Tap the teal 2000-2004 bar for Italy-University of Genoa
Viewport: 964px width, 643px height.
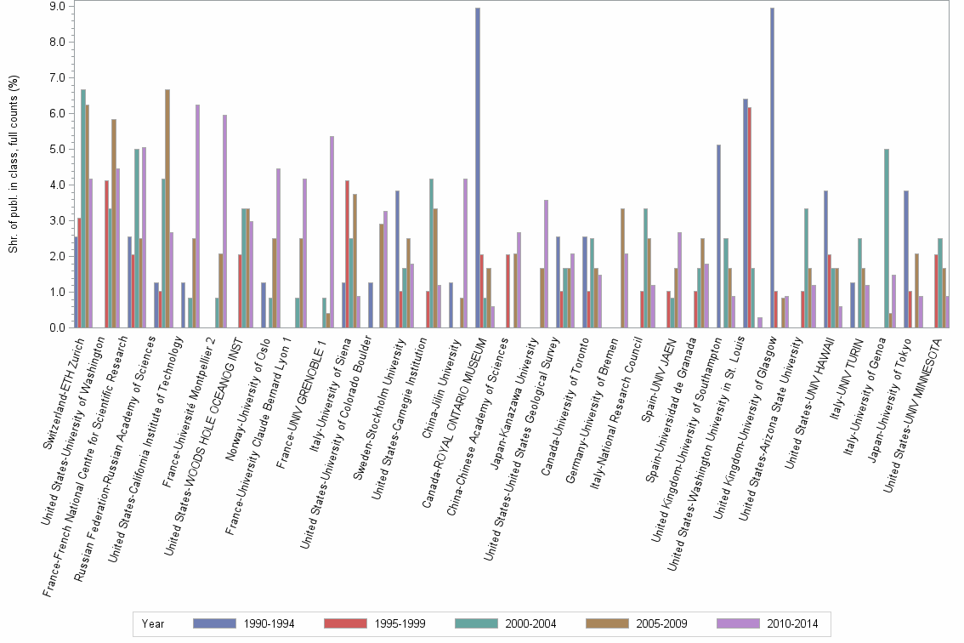tap(887, 238)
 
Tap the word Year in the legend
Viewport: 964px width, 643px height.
tap(153, 623)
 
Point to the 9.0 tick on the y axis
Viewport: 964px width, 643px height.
tap(59, 6)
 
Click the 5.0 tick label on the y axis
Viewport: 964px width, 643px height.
tap(59, 149)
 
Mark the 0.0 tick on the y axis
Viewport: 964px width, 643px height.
tap(59, 327)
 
